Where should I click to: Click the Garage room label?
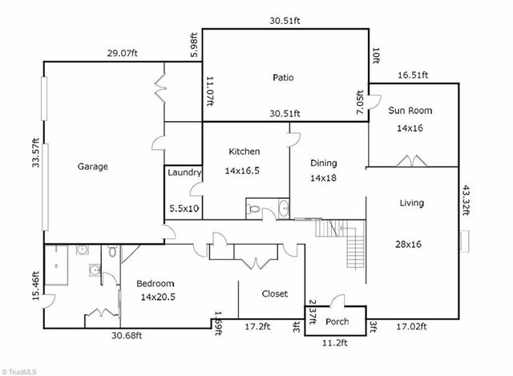(x=92, y=167)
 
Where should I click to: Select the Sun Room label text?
(x=408, y=111)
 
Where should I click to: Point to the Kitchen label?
(x=244, y=151)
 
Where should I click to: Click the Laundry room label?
(x=184, y=172)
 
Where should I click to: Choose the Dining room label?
(x=325, y=163)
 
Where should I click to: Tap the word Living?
(x=411, y=203)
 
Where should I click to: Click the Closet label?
(x=275, y=293)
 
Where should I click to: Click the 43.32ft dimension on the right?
(x=467, y=204)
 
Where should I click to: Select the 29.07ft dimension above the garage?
(x=123, y=53)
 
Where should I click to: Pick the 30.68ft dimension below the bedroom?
(x=127, y=335)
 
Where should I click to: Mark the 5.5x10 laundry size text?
(x=184, y=208)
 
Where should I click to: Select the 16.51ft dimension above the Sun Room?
(x=414, y=75)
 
